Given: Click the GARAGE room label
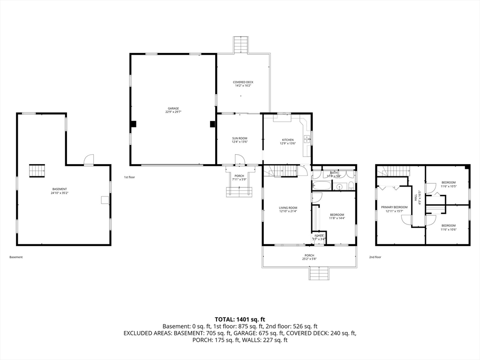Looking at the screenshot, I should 173,108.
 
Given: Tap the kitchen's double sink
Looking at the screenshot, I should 307,138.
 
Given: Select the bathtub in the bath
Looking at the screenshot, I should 322,186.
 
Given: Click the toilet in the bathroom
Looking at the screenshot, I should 350,187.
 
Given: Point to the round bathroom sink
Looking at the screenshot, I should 339,187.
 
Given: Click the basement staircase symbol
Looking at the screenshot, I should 37,171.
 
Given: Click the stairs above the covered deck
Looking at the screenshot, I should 240,45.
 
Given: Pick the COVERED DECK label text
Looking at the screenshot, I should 243,82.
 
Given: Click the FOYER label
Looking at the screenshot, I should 319,236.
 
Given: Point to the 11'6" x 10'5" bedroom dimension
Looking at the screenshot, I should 449,186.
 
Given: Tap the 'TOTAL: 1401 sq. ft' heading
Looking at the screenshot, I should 240,319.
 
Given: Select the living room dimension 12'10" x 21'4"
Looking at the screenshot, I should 288,211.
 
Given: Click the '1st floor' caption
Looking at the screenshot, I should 130,177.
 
